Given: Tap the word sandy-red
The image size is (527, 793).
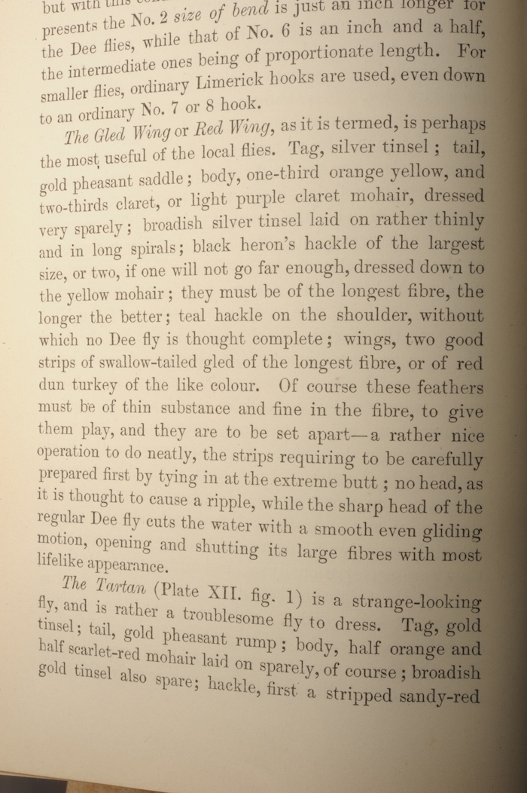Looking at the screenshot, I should (440, 694).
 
